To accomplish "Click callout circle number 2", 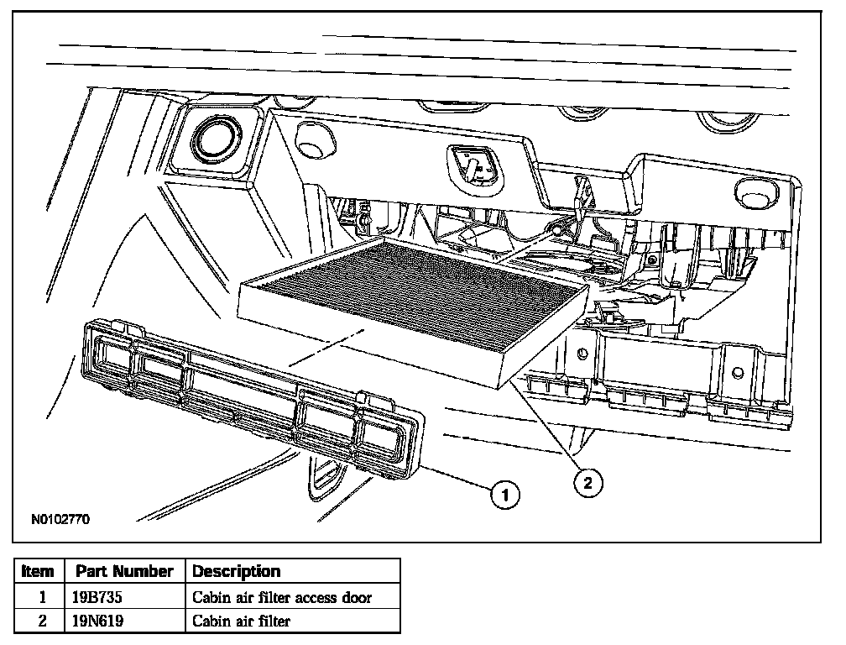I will point(587,481).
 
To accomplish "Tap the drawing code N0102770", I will point(60,519).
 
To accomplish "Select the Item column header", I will point(38,572).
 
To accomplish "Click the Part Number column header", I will point(124,572).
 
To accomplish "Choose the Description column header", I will point(237,572).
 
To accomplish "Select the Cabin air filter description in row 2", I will point(242,621).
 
